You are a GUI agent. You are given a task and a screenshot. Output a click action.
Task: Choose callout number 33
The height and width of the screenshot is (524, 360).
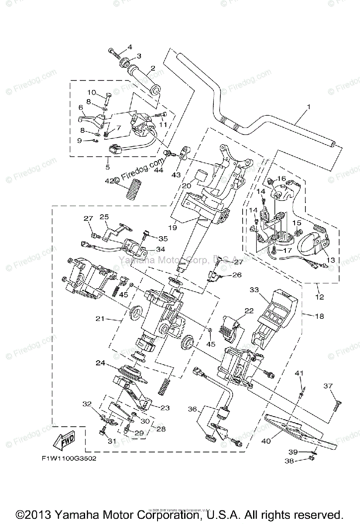point(254,290)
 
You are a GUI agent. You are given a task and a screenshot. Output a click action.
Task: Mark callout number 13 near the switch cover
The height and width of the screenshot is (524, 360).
point(330,260)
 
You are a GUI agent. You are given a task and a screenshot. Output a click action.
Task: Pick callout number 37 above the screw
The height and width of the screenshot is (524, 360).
point(328,386)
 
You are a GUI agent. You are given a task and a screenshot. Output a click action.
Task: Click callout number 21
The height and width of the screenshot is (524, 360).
point(100,319)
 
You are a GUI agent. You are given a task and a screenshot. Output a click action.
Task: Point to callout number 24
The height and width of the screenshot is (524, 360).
point(101,362)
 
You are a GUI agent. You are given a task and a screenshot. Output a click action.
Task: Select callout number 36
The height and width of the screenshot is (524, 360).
point(192,409)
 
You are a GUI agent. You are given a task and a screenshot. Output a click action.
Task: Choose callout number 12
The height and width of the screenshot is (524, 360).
point(319,297)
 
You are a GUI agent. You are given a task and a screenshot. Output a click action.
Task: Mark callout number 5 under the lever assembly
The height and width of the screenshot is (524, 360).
point(107,167)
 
